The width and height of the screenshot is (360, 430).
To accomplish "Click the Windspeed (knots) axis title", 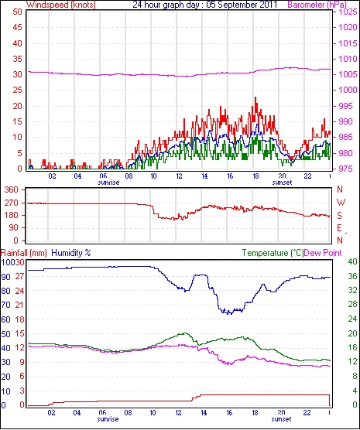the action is (61, 5).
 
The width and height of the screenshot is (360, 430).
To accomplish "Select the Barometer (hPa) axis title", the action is (317, 5).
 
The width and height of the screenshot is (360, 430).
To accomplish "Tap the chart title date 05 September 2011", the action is (242, 5).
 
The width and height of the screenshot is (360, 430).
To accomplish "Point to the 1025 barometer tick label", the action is (347, 12).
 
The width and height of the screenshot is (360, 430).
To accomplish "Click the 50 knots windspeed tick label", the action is (17, 12).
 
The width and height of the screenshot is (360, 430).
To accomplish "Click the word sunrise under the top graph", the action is (108, 183).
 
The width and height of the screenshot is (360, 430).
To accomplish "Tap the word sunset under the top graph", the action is (282, 183).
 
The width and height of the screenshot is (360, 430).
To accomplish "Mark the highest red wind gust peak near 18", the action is (255, 97).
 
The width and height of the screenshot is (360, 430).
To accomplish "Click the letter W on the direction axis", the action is (341, 203).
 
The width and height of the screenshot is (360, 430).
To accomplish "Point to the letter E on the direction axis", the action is (339, 228).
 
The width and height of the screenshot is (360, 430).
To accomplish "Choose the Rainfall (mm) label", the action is (24, 253).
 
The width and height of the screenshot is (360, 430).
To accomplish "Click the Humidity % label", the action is (71, 253).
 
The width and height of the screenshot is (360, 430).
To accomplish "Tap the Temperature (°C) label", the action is (273, 253).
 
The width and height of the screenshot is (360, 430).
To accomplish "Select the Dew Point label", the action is (323, 253).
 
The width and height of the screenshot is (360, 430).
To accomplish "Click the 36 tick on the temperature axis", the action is (352, 276).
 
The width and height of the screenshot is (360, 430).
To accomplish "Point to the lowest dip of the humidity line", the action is (231, 314).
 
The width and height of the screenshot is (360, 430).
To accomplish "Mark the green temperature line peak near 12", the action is (185, 333).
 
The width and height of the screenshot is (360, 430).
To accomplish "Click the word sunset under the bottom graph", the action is (281, 419).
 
